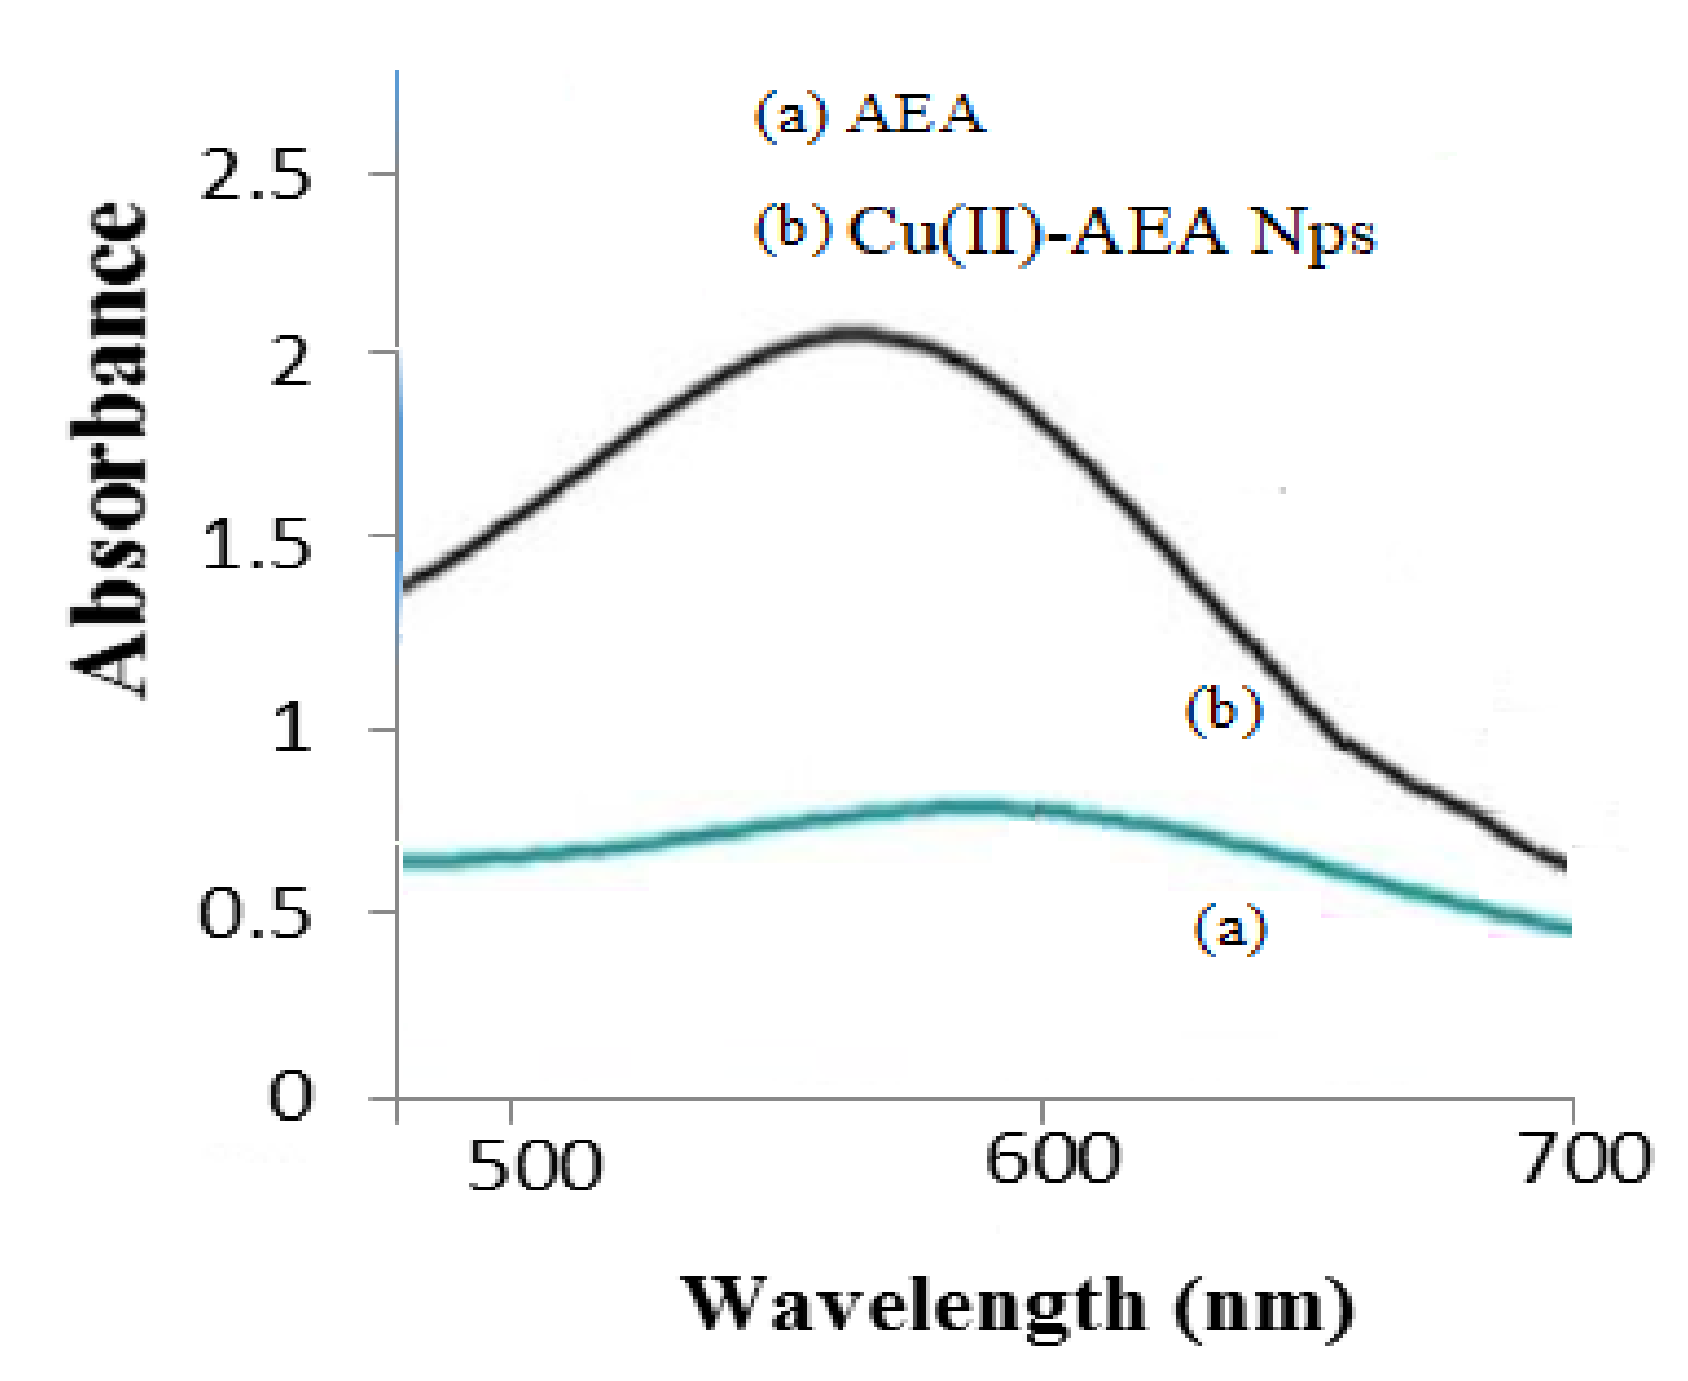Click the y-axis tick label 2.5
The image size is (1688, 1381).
point(256,176)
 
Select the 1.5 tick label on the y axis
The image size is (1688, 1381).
point(256,545)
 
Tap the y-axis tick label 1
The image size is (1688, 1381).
point(292,728)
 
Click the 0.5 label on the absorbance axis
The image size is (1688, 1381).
point(255,913)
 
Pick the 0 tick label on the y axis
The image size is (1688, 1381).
point(290,1094)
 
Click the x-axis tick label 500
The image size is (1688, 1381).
point(534,1166)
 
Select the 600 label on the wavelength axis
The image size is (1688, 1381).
point(1052,1159)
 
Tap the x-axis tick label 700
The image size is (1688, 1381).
point(1586,1159)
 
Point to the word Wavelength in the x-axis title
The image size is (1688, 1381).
point(916,1306)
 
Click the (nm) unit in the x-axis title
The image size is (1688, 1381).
point(1263,1306)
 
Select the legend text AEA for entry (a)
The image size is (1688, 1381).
point(916,115)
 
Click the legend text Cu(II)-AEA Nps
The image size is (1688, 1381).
point(1111,231)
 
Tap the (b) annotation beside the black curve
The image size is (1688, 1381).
point(1224,710)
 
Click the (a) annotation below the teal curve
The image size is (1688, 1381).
point(1230,929)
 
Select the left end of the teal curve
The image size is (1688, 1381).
point(406,860)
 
